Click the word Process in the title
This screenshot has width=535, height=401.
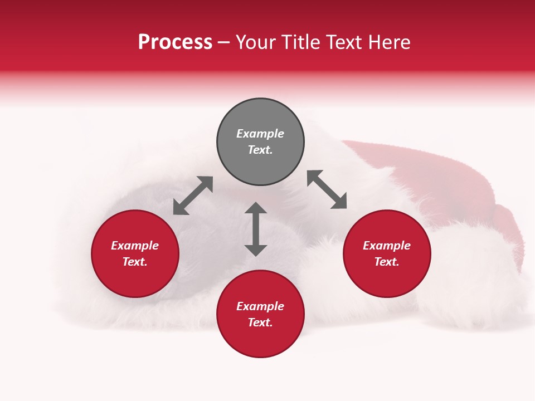[175, 42]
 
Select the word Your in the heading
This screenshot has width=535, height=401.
[257, 42]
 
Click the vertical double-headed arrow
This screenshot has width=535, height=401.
[256, 229]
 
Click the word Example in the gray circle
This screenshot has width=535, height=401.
[260, 134]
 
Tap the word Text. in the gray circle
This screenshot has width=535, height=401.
[260, 150]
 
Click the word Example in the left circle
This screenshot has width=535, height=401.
[135, 246]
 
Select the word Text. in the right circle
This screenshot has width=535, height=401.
[387, 262]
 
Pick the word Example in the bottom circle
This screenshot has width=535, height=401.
[260, 306]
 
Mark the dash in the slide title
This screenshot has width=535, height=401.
[223, 43]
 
